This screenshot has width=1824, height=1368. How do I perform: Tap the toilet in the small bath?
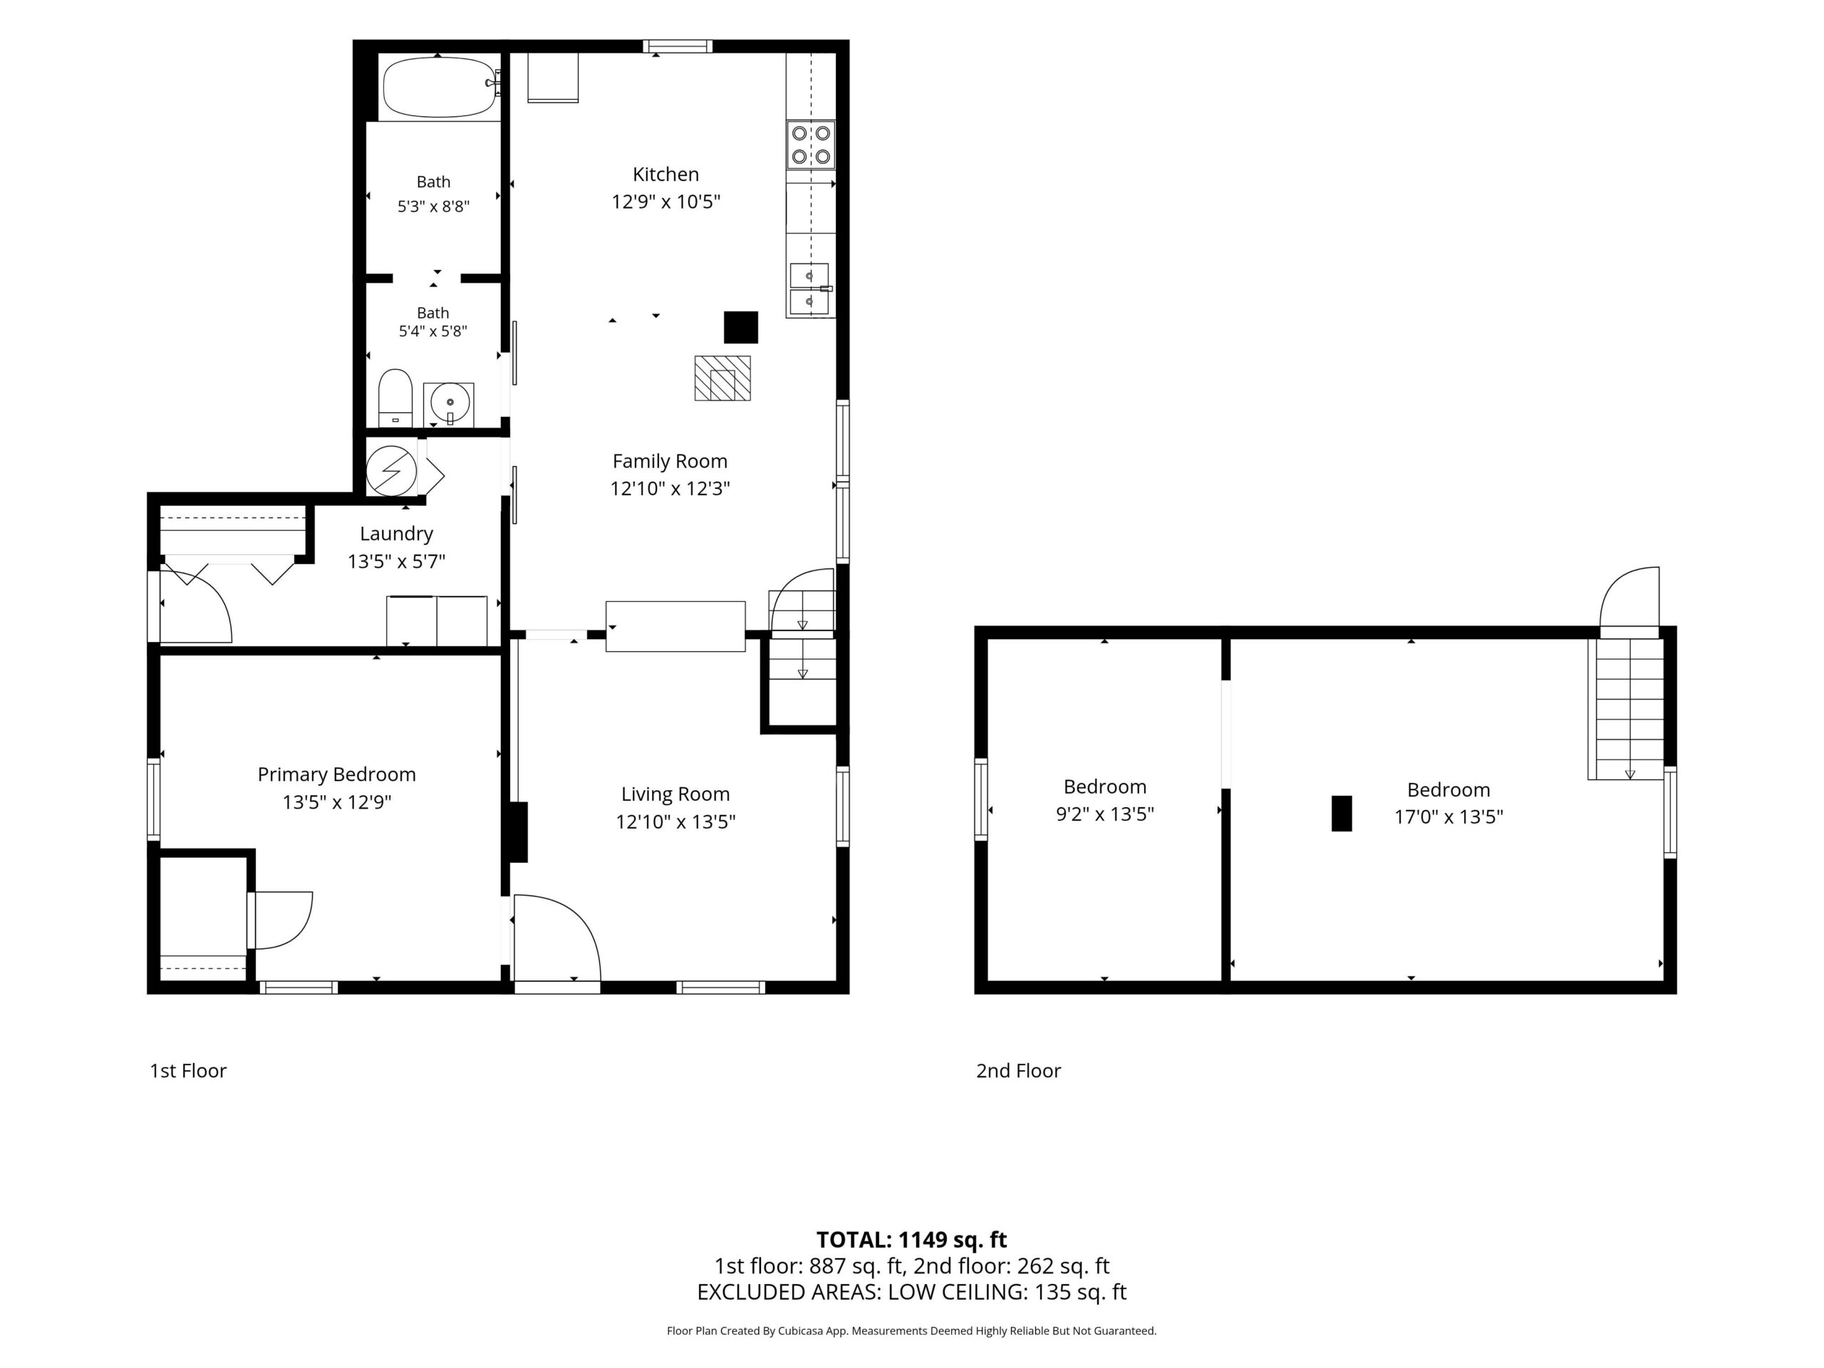point(395,398)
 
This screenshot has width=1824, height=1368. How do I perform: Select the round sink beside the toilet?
point(450,404)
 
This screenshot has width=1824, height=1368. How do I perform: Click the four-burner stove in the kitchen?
point(811,145)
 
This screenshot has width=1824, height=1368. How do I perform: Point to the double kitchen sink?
point(809,289)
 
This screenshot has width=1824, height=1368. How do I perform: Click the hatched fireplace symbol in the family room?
point(722,378)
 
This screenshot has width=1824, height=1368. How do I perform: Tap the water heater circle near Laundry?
point(391,471)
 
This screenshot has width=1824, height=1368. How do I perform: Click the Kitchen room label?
point(665,174)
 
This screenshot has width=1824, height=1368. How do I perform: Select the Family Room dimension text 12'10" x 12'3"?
point(670,488)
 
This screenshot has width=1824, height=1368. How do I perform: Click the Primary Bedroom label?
point(336,774)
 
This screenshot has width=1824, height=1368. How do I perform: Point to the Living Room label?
point(675,794)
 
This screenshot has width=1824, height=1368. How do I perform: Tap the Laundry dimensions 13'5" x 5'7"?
point(397,561)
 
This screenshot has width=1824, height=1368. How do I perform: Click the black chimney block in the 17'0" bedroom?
point(1342,813)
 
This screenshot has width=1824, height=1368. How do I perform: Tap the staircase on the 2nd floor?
point(1626,709)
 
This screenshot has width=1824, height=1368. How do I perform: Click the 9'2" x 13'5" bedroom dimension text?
point(1105,814)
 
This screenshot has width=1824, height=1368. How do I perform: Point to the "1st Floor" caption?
point(188,1070)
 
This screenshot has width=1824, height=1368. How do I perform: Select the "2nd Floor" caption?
point(1018,1070)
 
